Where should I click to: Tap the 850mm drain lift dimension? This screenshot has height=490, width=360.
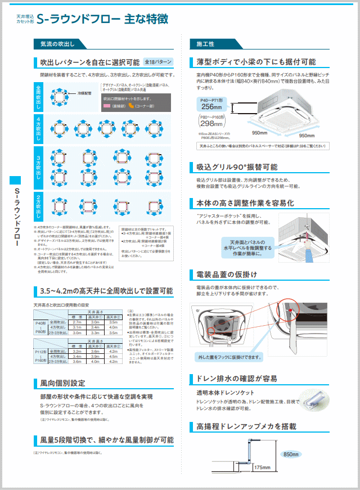[291, 453]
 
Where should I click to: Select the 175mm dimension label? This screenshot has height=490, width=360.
[262, 467]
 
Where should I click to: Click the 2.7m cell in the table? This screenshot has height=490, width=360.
[79, 322]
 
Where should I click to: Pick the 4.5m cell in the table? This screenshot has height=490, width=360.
[113, 356]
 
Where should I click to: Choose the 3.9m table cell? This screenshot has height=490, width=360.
[96, 356]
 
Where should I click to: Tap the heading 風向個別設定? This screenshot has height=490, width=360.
[62, 383]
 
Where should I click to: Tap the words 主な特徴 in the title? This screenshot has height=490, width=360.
[145, 19]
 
